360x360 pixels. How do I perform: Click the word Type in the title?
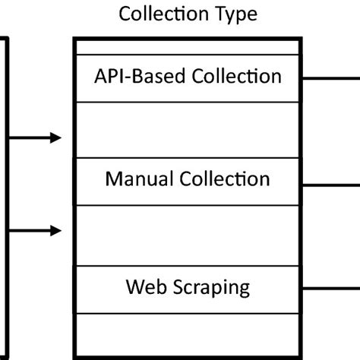(x=232, y=14)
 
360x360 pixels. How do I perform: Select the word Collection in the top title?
(x=161, y=14)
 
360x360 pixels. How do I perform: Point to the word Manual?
(x=138, y=180)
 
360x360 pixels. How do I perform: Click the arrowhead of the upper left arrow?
(x=55, y=137)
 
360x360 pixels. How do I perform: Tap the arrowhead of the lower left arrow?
(x=55, y=229)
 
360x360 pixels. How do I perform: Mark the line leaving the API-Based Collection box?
(x=330, y=78)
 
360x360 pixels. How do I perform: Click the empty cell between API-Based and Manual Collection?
(x=187, y=130)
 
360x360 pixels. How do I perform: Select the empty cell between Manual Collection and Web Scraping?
(x=187, y=235)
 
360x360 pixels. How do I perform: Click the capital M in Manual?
(x=113, y=180)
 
